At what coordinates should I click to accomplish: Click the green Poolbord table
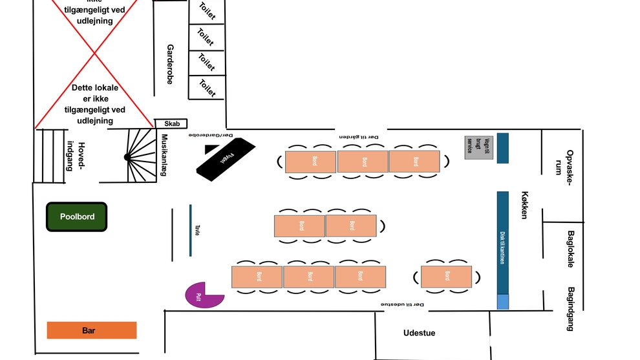pyautogui.click(x=77, y=217)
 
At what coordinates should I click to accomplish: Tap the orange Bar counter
pyautogui.click(x=91, y=330)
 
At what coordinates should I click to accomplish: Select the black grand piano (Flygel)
pyautogui.click(x=226, y=158)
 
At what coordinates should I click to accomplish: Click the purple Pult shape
pyautogui.click(x=202, y=295)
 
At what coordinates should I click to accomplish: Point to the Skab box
pyautogui.click(x=171, y=123)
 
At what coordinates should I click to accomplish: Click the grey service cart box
pyautogui.click(x=478, y=147)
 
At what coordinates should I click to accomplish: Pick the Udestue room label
pyautogui.click(x=419, y=333)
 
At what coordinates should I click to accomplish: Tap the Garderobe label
pyautogui.click(x=171, y=64)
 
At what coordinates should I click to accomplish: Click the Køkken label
pyautogui.click(x=525, y=205)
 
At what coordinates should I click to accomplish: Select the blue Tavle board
pyautogui.click(x=190, y=230)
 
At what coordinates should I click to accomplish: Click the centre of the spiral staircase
pyautogui.click(x=127, y=157)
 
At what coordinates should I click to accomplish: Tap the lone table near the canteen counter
pyautogui.click(x=447, y=277)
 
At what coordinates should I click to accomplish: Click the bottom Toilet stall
pyautogui.click(x=206, y=87)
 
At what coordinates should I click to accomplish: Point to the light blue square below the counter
pyautogui.click(x=503, y=302)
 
